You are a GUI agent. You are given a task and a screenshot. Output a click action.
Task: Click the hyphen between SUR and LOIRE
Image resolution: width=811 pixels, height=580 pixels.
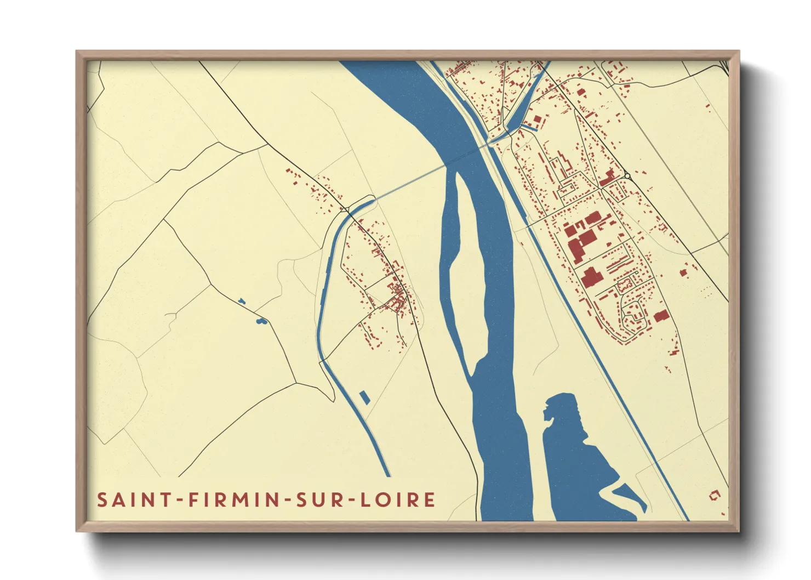tap(346, 501)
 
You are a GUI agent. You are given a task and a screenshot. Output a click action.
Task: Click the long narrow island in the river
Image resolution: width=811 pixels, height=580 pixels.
tap(466, 274)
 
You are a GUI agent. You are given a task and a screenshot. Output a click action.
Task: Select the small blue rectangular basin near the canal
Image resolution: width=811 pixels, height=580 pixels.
tap(364, 397)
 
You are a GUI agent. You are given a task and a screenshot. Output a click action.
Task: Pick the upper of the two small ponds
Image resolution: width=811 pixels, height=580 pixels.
tap(241, 300)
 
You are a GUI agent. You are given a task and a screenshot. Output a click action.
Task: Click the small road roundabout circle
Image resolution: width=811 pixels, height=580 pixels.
tap(627, 176)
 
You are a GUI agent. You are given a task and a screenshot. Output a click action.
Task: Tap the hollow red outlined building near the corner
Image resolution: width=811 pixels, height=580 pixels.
tap(714, 496)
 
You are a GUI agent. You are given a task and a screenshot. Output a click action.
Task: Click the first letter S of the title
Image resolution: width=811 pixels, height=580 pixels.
tap(102, 500)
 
